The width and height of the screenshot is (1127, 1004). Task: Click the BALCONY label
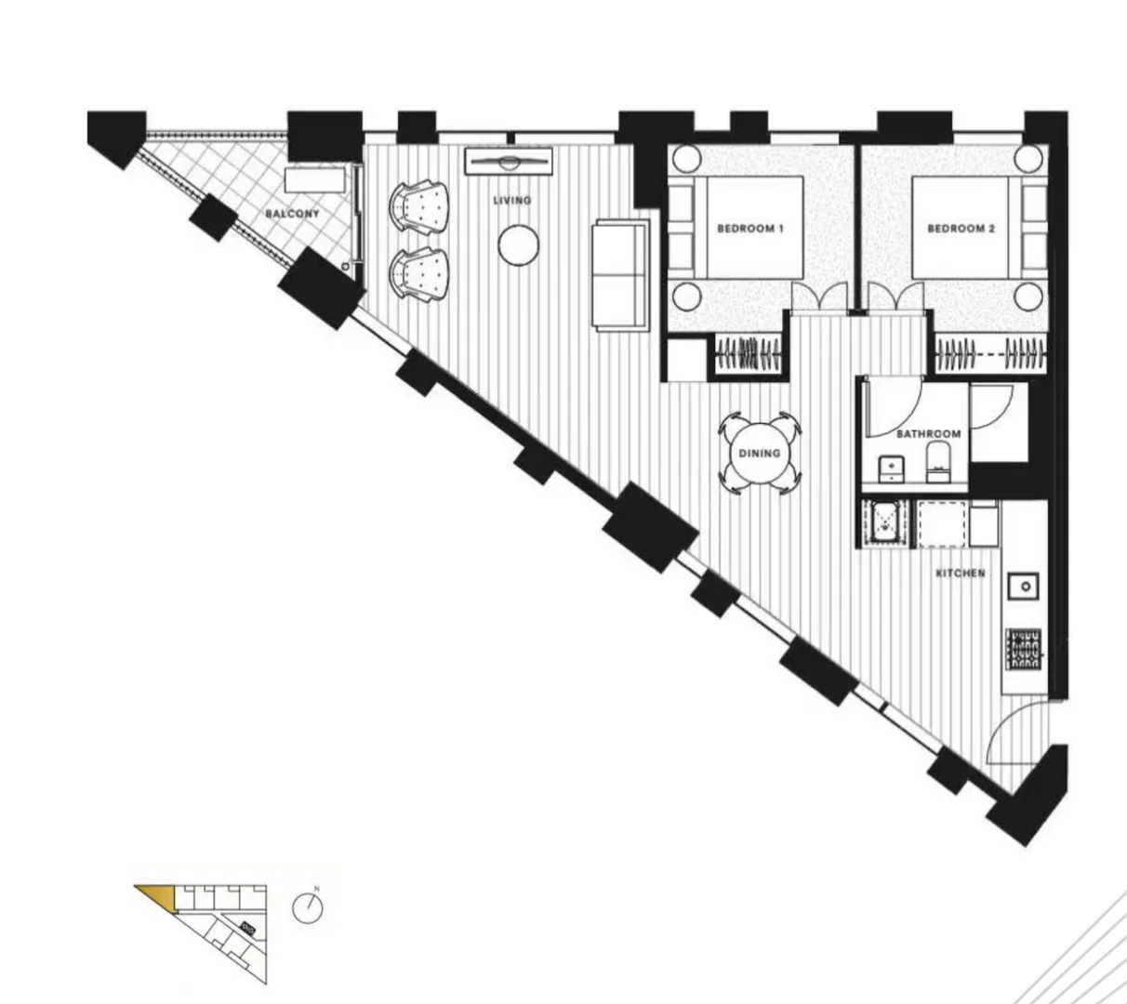[x=292, y=214]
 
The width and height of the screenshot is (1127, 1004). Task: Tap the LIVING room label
[x=512, y=201]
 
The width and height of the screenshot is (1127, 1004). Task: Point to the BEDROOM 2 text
[x=961, y=229]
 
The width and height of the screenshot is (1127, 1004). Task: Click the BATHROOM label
[x=928, y=434]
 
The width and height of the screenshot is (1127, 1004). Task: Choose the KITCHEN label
[x=960, y=574]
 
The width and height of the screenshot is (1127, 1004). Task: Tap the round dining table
[x=759, y=454]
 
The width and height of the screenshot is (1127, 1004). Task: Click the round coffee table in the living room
[x=518, y=245]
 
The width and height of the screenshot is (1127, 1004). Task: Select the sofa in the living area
[x=620, y=273]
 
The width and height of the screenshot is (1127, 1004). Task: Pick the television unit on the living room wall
[x=508, y=161]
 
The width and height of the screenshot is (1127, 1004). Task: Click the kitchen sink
[x=1027, y=586]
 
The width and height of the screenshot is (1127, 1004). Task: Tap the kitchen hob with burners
[x=1025, y=649]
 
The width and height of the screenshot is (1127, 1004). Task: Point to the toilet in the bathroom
[x=936, y=461]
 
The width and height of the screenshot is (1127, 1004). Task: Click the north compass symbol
[x=308, y=908]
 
